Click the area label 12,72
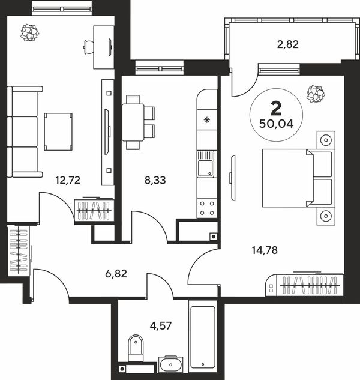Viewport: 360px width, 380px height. tap(68, 181)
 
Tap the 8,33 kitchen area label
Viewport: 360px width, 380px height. tap(155, 181)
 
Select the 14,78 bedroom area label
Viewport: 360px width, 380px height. tap(265, 250)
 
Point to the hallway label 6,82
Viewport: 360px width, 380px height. tap(116, 274)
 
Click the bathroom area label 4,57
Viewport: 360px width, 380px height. tap(161, 326)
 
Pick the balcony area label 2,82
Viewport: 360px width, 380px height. tap(288, 44)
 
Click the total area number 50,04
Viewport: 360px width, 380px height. tap(277, 124)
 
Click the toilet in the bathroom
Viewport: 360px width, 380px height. tap(136, 348)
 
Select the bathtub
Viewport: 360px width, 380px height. tap(203, 337)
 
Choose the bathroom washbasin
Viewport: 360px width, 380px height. tap(171, 364)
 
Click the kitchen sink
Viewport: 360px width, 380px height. tap(206, 164)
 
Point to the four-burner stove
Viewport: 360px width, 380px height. tap(207, 208)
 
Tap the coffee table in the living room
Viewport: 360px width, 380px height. tap(58, 131)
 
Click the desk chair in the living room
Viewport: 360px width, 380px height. tap(89, 47)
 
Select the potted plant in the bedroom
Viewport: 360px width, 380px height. tap(316, 94)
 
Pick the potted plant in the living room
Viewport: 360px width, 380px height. tap(29, 32)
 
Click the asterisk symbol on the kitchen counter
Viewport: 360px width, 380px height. tap(206, 119)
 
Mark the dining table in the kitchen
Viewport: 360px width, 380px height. tap(133, 122)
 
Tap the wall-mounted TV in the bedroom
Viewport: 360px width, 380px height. tap(233, 178)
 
